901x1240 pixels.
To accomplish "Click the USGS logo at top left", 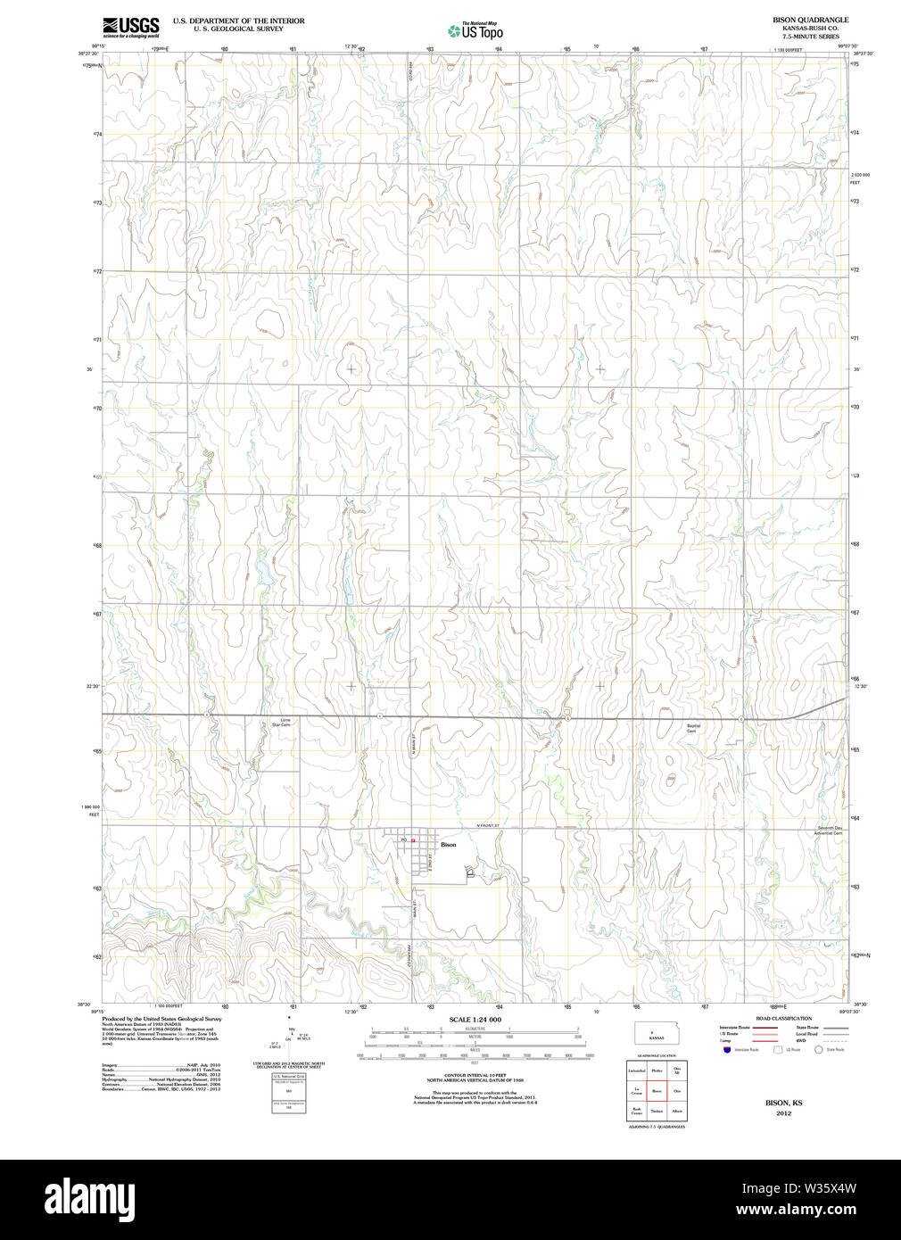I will (130, 26).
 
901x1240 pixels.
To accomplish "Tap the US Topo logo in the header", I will (476, 31).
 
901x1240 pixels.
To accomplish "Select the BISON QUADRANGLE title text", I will (810, 20).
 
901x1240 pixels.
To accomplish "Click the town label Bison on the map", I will (448, 845).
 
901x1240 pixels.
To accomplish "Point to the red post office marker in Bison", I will (412, 840).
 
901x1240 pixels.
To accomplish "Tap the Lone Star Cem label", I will (281, 722).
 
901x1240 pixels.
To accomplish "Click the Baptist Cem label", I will (693, 728).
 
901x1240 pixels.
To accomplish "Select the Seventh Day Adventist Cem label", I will (830, 830).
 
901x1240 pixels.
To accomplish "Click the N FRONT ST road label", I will (487, 826).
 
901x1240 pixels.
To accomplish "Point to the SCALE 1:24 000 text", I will (475, 1020).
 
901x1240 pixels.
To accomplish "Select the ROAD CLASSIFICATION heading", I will (783, 1018).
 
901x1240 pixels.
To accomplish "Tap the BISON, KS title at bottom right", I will (783, 1103).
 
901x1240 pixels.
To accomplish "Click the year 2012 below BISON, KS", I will (783, 1112).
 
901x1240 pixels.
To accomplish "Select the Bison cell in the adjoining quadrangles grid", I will (657, 1090).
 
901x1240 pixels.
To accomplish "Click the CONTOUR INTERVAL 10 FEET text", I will (475, 1076).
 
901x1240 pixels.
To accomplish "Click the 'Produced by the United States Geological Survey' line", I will (161, 1019).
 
